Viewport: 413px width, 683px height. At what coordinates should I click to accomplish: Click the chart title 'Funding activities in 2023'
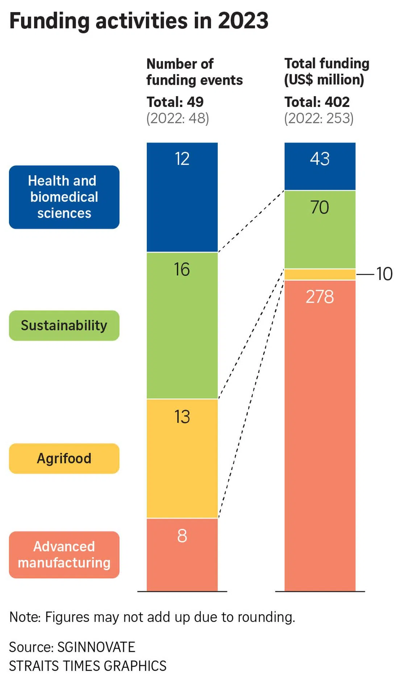139,21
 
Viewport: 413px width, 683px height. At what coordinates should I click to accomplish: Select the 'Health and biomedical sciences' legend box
64,197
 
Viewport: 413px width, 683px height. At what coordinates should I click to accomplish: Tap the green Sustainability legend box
64,325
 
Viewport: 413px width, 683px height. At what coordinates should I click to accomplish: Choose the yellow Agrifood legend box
64,458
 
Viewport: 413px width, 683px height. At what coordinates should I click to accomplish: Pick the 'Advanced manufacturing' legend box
64,555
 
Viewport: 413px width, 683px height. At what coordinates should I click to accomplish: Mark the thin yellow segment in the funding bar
320,274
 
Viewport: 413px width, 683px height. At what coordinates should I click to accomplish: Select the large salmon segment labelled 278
320,435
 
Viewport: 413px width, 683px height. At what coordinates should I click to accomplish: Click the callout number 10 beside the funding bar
384,274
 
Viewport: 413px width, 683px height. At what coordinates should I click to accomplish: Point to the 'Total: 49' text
175,102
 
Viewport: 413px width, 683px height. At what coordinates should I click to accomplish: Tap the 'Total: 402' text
317,102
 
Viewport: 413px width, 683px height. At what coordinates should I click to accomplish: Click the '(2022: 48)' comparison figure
178,119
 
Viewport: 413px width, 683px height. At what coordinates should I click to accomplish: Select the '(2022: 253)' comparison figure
319,119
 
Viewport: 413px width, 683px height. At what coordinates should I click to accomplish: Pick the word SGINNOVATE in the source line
96,647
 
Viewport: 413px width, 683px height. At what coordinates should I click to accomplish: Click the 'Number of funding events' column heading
194,72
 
